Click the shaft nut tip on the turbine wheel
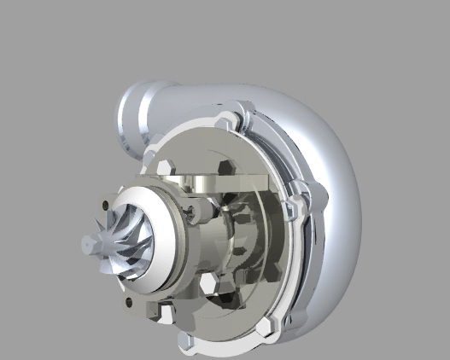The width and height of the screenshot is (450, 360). [x=86, y=245]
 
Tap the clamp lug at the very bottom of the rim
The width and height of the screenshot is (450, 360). [x=186, y=341]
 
